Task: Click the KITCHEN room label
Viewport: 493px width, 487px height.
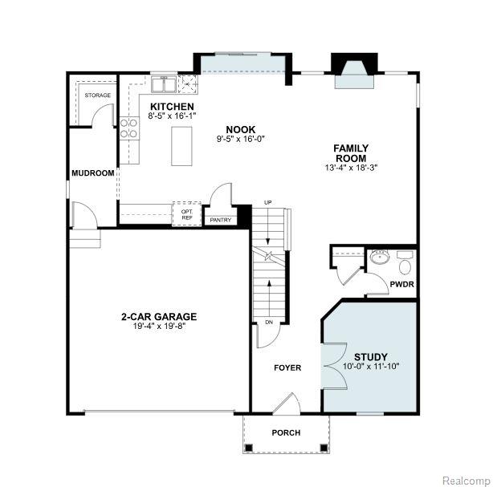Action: coord(172,107)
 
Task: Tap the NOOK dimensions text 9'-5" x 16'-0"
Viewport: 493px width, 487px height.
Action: coord(241,139)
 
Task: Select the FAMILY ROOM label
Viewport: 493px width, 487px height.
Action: coord(351,153)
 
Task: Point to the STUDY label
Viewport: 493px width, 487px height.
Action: coord(371,357)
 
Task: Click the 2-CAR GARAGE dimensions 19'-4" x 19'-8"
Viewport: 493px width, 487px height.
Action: coord(160,326)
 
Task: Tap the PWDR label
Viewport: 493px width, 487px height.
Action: coord(401,284)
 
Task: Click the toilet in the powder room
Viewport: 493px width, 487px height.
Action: coord(405,263)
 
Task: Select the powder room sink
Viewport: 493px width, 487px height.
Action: coord(380,257)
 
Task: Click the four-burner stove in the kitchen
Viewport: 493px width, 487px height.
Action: coord(129,128)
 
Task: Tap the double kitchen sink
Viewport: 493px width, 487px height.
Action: coord(164,84)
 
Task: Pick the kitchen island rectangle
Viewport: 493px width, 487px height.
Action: coord(181,146)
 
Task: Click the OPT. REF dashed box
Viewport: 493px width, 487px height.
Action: coord(186,213)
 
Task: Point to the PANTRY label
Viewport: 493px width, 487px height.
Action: coord(220,220)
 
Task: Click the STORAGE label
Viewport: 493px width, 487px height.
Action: coord(98,95)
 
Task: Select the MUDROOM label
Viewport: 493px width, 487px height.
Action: coord(93,173)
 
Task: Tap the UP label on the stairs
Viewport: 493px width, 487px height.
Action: coord(267,203)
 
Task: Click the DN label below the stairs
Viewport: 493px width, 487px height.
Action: coord(269,322)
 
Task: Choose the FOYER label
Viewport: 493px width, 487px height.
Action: coord(287,367)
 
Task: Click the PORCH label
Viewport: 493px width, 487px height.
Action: coord(286,432)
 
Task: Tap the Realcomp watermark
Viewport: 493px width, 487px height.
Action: coord(467,481)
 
